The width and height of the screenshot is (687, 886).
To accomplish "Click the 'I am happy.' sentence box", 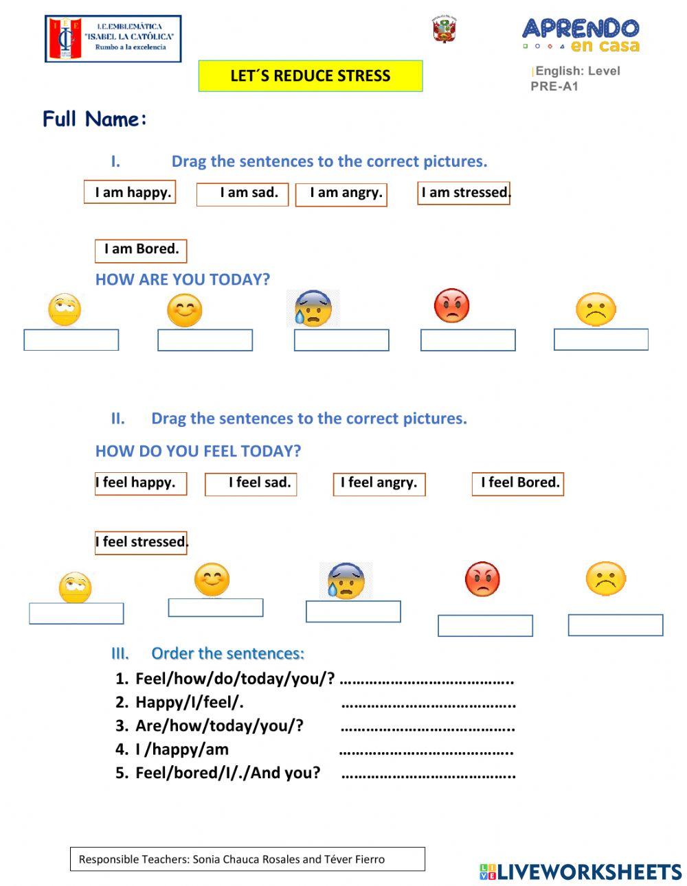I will click(x=130, y=192).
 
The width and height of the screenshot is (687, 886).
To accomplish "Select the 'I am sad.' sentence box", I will click(x=242, y=194).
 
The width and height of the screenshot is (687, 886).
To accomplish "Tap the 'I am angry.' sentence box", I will click(x=341, y=194).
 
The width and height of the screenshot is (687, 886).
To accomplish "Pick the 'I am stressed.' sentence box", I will click(x=464, y=193).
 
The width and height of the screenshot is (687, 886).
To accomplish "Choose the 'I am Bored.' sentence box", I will click(x=141, y=250).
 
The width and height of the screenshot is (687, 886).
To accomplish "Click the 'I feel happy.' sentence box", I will click(x=140, y=483).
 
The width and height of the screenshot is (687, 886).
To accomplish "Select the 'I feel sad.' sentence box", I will click(x=251, y=484).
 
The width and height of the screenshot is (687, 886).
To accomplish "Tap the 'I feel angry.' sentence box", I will click(x=379, y=484).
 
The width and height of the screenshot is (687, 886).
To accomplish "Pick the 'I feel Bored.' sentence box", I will click(x=518, y=484).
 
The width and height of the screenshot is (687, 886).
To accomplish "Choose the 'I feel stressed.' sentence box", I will click(x=141, y=543).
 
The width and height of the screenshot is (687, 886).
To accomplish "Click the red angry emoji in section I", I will click(x=451, y=306).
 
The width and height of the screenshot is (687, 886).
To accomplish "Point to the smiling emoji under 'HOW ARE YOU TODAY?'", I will click(x=184, y=311).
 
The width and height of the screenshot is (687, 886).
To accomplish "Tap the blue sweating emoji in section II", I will click(x=346, y=581).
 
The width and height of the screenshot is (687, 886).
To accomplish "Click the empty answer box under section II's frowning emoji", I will click(x=616, y=625).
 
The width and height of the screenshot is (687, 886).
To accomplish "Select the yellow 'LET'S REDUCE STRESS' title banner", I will click(x=311, y=76).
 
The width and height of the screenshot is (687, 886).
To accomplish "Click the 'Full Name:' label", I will click(x=95, y=119).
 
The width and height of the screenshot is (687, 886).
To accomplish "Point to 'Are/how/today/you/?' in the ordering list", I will click(x=219, y=726).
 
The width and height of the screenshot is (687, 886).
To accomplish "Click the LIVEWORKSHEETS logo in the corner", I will click(x=581, y=872).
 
